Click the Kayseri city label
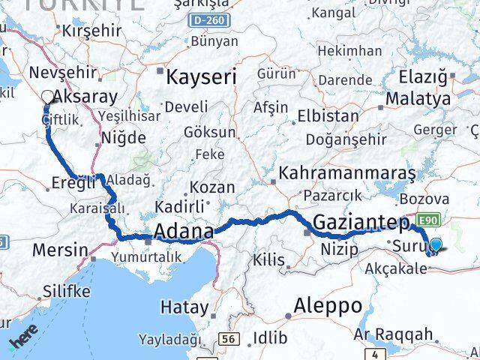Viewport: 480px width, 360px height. coord(200,76)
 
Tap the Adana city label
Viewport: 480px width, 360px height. coord(184,232)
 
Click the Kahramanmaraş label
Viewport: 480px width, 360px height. coord(346,173)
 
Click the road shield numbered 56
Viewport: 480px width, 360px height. coord(229,340)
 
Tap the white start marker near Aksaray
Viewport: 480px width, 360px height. coord(48,97)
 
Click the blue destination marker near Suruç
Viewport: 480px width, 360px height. coord(436,243)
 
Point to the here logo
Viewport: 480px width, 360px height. coord(24,343)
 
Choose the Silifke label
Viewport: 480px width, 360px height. coord(66,291)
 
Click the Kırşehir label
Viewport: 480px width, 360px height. coord(91,31)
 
